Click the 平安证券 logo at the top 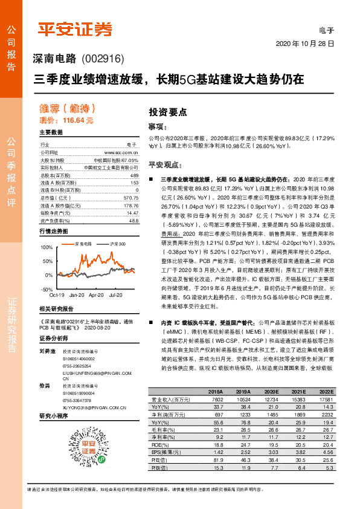pos(76,28)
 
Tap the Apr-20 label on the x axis pos(97,294)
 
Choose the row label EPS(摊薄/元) pos(165,452)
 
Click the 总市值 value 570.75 pos(130,198)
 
